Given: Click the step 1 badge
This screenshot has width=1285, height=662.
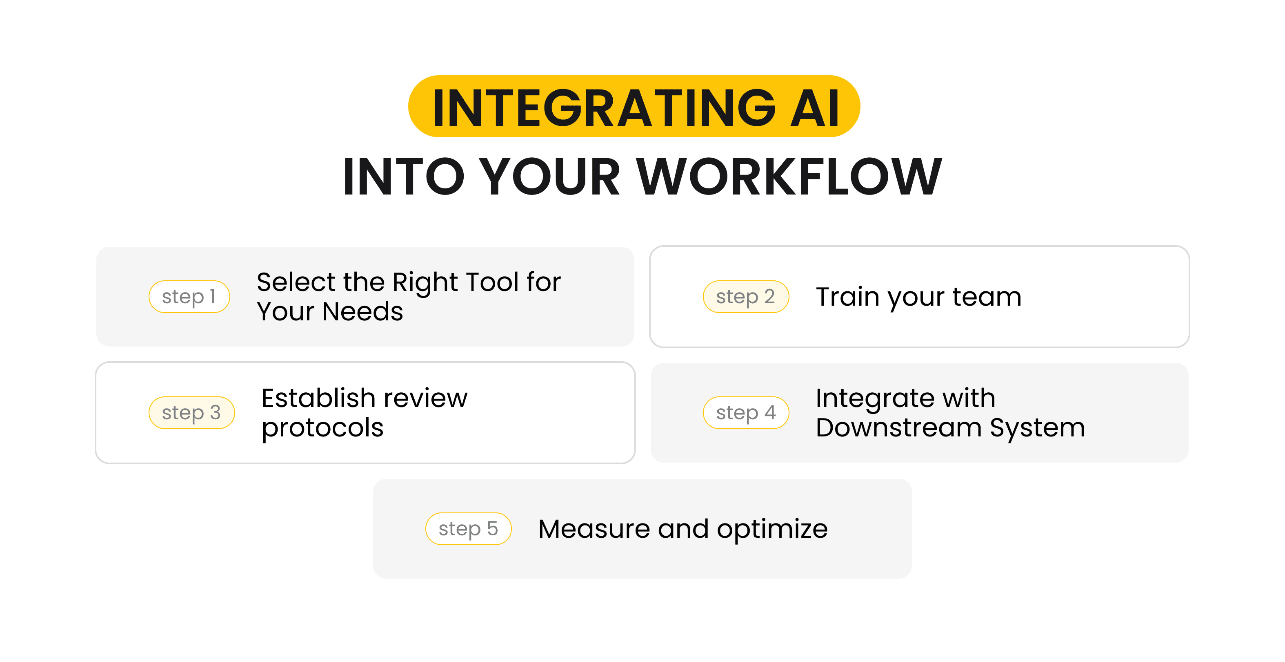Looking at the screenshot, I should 189,297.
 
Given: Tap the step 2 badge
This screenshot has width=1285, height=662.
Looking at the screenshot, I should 745,297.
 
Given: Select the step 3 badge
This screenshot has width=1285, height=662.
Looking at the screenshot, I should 191,413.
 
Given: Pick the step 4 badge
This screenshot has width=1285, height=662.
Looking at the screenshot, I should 746,413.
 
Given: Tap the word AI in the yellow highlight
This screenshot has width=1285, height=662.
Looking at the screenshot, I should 815,108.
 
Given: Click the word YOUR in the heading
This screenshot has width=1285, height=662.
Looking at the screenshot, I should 549,177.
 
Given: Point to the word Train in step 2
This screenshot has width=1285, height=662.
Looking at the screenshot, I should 847,297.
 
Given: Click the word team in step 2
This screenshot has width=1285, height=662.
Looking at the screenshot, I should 987,297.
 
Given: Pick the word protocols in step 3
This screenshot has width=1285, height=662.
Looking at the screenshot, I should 322,428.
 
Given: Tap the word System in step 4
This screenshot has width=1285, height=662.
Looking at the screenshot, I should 1037,428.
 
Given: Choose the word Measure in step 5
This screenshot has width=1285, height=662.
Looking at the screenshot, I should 594,529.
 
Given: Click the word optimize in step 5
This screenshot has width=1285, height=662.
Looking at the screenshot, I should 772,529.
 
